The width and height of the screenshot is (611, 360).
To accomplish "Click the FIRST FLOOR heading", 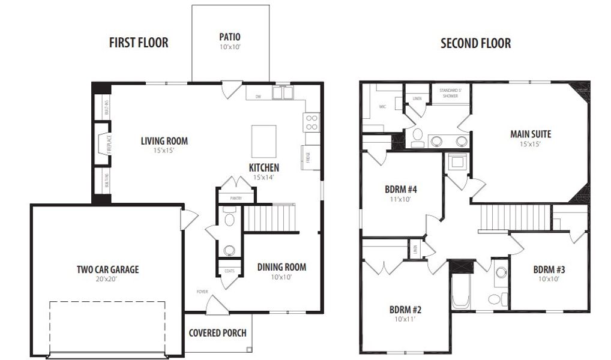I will pyautogui.click(x=138, y=43).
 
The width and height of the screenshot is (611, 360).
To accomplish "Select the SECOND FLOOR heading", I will pyautogui.click(x=475, y=43).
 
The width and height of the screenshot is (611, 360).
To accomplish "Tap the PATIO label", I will pyautogui.click(x=230, y=37).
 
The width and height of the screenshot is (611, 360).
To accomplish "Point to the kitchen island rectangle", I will pyautogui.click(x=263, y=141).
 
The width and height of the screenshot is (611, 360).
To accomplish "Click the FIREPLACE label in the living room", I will pyautogui.click(x=109, y=144).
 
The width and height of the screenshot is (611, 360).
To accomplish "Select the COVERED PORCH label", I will pyautogui.click(x=217, y=333).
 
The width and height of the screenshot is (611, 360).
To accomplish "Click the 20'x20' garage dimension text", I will pyautogui.click(x=107, y=280).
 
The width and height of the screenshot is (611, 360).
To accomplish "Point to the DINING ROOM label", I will pyautogui.click(x=281, y=267).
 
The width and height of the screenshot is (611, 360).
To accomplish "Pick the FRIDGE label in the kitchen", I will pyautogui.click(x=308, y=158).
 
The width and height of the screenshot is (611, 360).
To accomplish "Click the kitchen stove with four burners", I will pyautogui.click(x=312, y=122).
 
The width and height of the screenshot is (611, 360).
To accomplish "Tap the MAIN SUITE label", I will pyautogui.click(x=531, y=134).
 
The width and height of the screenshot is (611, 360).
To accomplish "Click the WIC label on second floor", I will pyautogui.click(x=382, y=107).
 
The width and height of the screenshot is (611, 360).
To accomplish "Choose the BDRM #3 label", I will pyautogui.click(x=549, y=269).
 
